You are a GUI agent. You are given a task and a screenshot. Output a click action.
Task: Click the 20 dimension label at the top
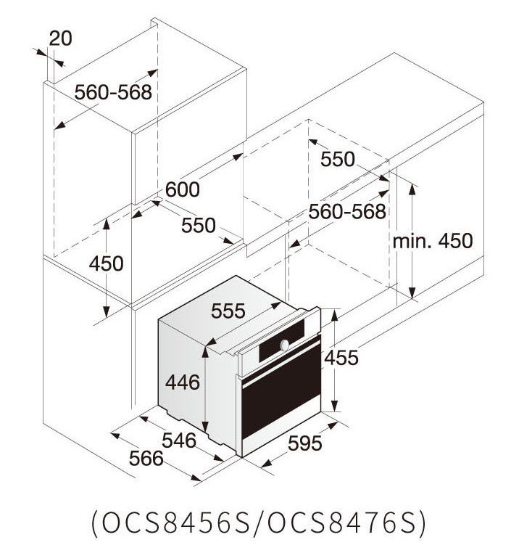(x=60, y=38)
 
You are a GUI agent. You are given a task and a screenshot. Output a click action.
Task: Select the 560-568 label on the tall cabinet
(x=113, y=92)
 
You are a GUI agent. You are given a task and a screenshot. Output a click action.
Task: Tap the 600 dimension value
(x=183, y=189)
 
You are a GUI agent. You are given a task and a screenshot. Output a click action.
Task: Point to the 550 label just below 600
(x=199, y=226)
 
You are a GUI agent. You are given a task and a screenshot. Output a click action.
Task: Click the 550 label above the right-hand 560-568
(x=337, y=159)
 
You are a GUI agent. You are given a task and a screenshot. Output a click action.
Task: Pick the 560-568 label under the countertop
(x=347, y=212)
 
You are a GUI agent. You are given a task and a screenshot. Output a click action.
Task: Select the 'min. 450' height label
(x=433, y=241)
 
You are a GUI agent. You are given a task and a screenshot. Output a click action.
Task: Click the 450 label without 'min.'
(x=106, y=264)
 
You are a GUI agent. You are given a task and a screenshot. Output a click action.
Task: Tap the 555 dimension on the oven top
(x=228, y=311)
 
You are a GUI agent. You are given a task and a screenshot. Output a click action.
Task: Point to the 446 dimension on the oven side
(x=183, y=382)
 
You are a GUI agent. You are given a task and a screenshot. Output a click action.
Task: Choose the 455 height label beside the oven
(x=341, y=358)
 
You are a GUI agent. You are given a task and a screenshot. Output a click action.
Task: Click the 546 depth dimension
(x=179, y=441)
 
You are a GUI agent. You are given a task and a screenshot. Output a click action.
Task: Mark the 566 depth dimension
(x=146, y=459)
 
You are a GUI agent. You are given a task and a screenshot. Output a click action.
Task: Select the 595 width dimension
(x=304, y=443)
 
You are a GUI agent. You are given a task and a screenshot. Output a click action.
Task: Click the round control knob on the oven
(x=285, y=345)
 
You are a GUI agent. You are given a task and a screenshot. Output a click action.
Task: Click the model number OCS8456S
(x=175, y=523)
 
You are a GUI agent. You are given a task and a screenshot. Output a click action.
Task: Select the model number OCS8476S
(x=342, y=523)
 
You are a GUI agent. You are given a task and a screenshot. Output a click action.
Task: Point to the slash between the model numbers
(x=259, y=524)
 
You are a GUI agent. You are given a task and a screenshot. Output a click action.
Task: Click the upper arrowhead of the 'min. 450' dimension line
(x=412, y=189)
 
